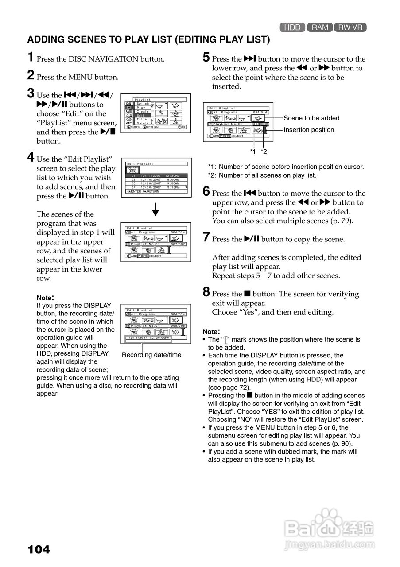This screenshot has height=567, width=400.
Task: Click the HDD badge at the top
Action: click(292, 27)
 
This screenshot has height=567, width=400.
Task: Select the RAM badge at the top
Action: click(319, 27)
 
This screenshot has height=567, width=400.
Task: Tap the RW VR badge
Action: click(350, 27)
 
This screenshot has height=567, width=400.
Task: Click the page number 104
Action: click(39, 550)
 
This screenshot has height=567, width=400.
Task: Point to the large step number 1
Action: click(31, 57)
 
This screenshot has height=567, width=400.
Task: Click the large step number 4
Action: click(31, 157)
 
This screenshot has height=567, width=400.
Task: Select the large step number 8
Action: click(206, 292)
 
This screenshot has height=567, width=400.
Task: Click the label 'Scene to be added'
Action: click(311, 118)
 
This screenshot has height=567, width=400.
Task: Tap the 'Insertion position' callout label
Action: click(309, 130)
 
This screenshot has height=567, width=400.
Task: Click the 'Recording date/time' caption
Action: click(151, 355)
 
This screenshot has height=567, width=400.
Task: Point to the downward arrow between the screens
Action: click(155, 208)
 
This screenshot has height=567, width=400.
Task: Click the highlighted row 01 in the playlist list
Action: click(157, 175)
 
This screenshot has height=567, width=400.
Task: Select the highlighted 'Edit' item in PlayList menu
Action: click(141, 115)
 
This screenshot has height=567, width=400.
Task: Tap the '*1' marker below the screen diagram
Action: click(253, 151)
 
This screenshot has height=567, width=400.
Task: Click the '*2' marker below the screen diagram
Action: click(264, 151)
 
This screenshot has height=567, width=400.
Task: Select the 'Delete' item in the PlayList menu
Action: click(143, 123)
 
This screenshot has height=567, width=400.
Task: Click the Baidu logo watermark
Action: click(329, 527)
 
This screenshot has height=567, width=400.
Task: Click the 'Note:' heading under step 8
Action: click(211, 331)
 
